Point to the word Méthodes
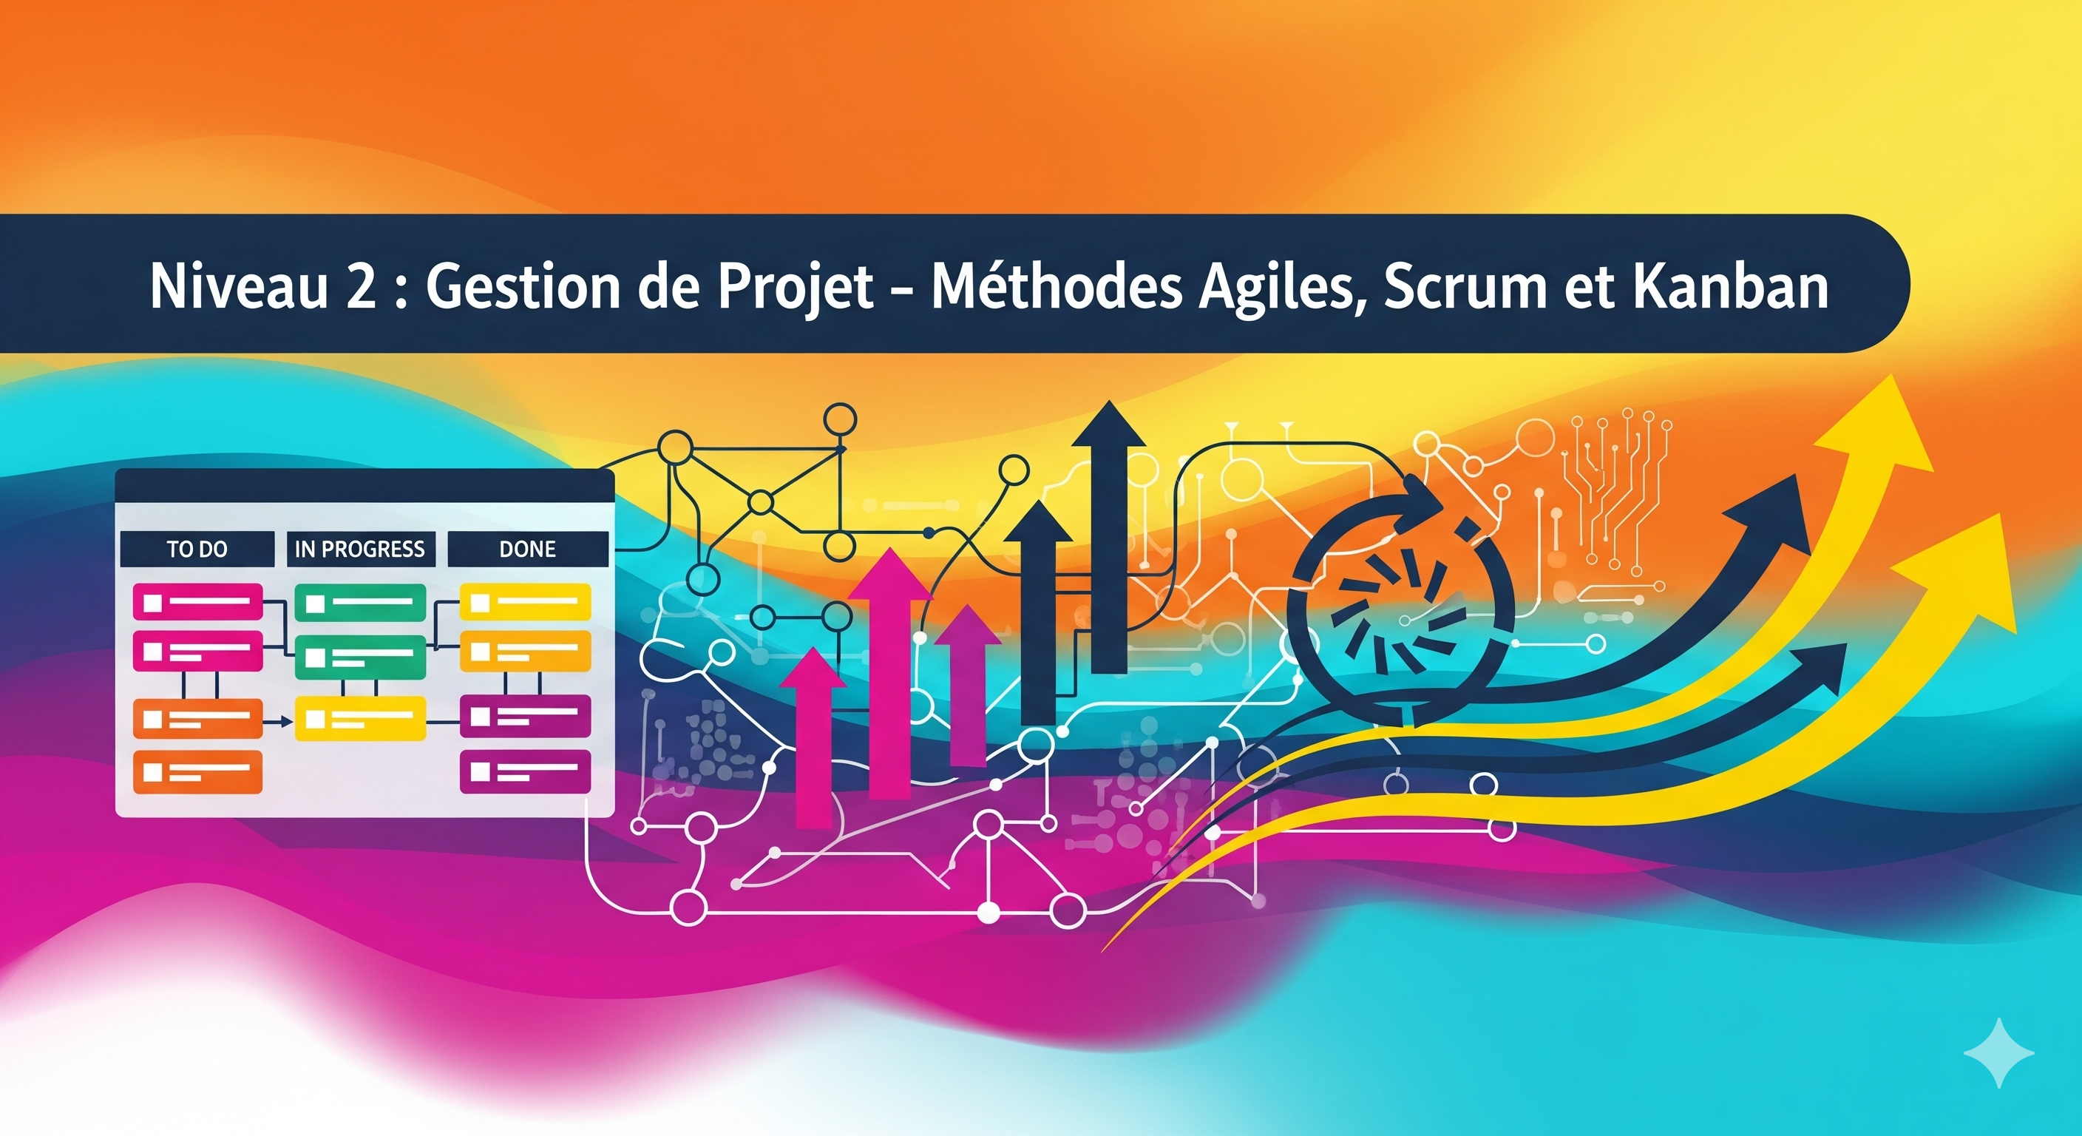(x=1057, y=285)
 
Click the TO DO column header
(x=197, y=550)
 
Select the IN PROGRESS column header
(x=359, y=550)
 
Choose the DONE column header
(x=528, y=550)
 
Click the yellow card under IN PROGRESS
(x=359, y=718)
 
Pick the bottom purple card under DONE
(x=526, y=772)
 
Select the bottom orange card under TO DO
(x=198, y=772)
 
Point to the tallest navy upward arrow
(x=1109, y=538)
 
